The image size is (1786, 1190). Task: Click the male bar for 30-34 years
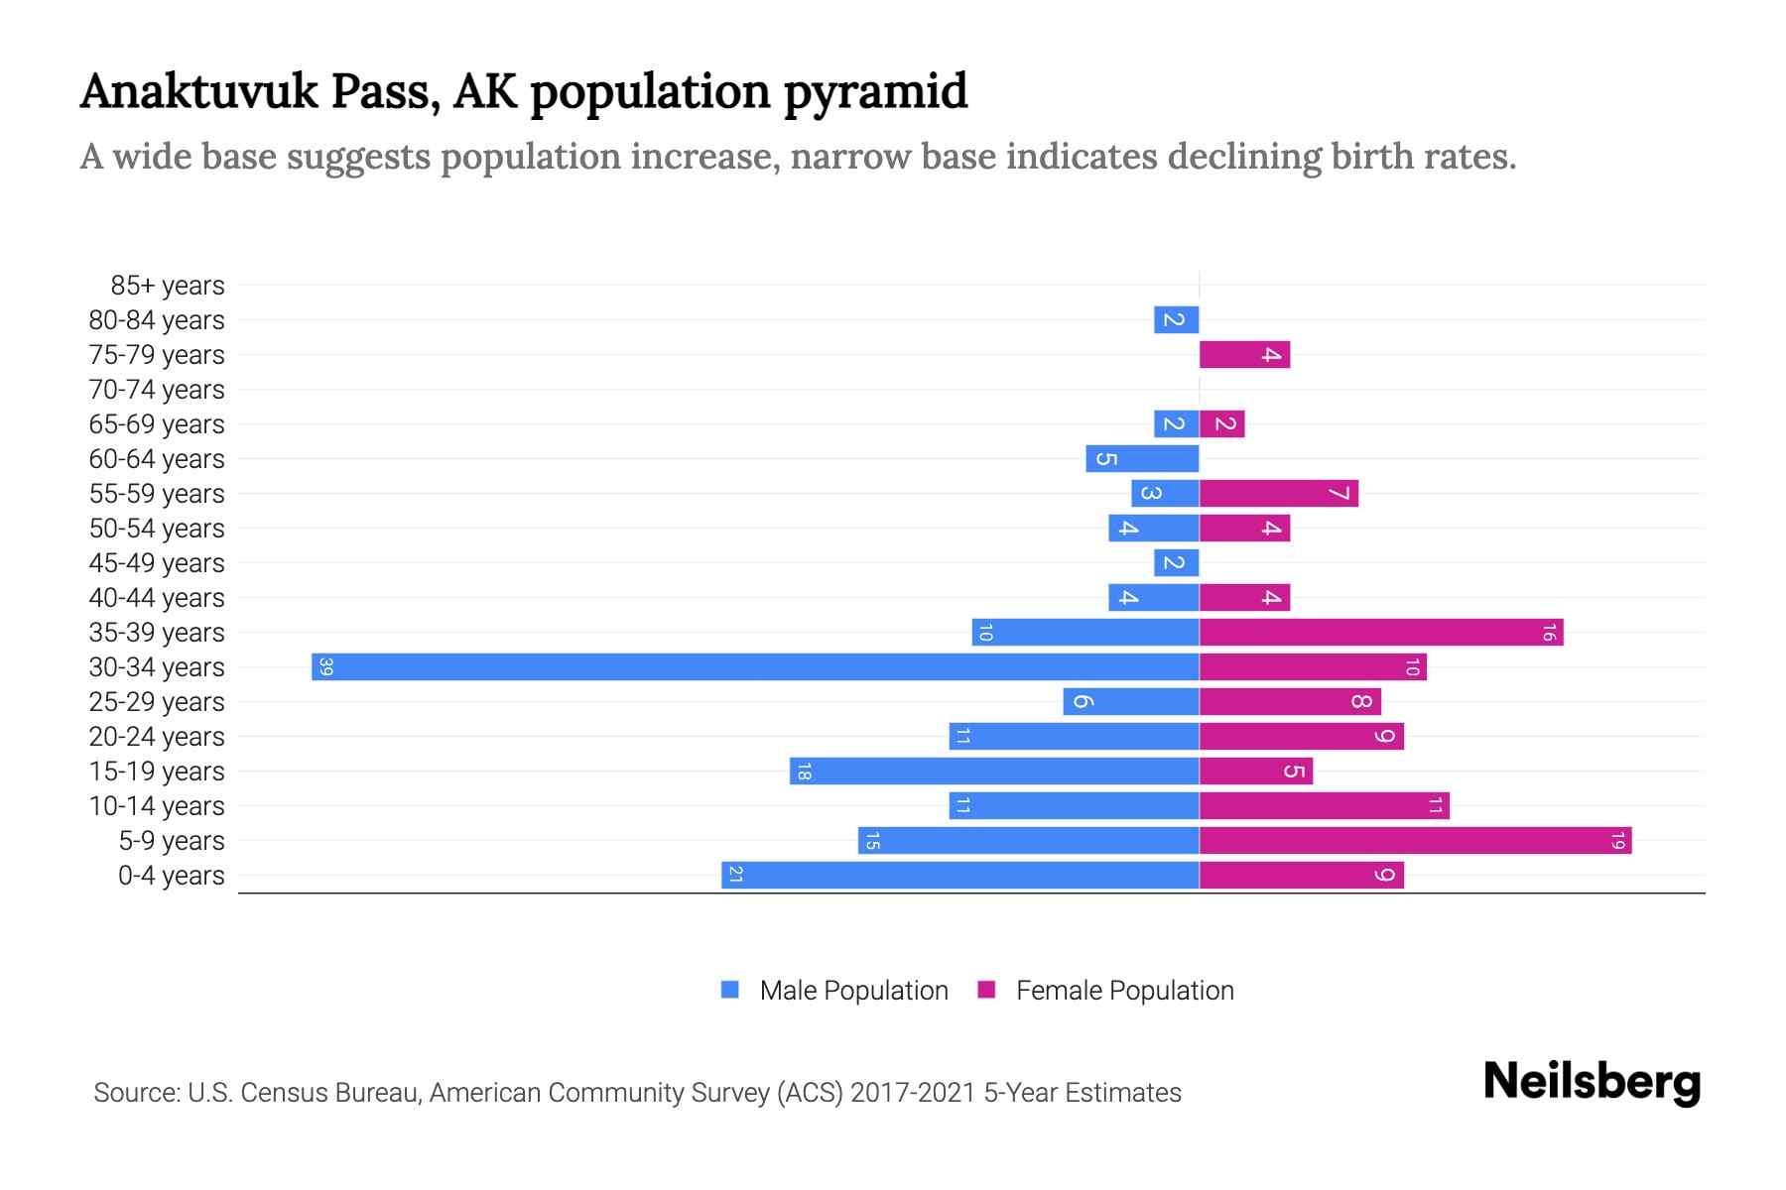click(x=755, y=666)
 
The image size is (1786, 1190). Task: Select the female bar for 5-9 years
click(x=1415, y=841)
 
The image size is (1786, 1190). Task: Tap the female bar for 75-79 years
click(x=1244, y=355)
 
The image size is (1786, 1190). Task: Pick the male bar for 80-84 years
click(x=1176, y=320)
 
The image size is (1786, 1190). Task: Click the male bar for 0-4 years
click(x=959, y=876)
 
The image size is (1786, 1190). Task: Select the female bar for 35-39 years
click(x=1381, y=633)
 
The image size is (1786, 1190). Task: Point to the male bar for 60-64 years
click(x=1142, y=459)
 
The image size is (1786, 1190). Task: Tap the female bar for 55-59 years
click(x=1278, y=494)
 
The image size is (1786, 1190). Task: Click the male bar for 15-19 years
click(x=994, y=772)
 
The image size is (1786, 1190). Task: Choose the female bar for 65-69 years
click(x=1221, y=424)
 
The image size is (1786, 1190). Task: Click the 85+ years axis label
click(x=168, y=286)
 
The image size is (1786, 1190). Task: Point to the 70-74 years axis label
click(x=157, y=390)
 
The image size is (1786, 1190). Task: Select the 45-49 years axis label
click(x=157, y=563)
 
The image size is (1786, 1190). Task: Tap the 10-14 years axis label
click(x=157, y=806)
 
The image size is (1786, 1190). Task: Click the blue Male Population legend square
click(x=730, y=990)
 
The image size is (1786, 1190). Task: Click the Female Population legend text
click(x=1124, y=991)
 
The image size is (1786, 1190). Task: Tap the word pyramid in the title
click(x=875, y=91)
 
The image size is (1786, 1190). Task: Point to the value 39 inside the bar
click(x=326, y=666)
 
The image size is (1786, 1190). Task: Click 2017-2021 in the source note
click(x=913, y=1093)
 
